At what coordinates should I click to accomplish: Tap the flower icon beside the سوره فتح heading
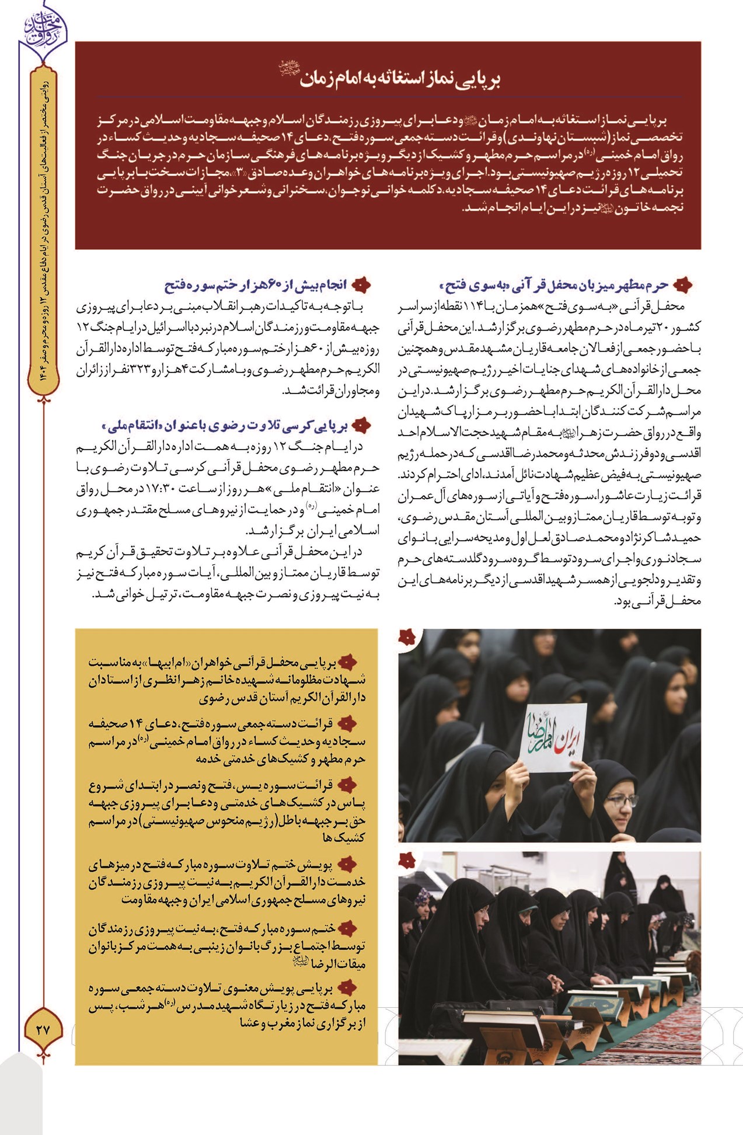(362, 285)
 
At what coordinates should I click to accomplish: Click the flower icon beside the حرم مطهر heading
(682, 285)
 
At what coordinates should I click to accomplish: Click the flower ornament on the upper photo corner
(407, 637)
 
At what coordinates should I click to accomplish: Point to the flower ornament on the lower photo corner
(407, 860)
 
